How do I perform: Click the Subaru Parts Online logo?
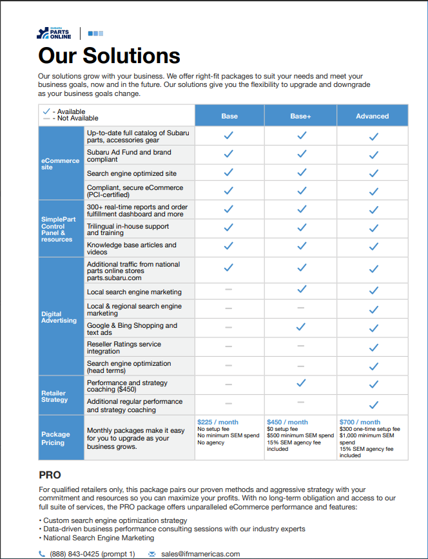(55, 33)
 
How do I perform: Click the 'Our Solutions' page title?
(109, 55)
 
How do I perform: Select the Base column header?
(229, 116)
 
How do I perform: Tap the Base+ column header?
(300, 116)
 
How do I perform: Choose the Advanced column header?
(372, 116)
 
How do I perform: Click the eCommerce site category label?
(61, 164)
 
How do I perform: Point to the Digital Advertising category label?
(59, 317)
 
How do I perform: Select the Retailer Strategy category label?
(54, 396)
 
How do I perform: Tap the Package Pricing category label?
(56, 439)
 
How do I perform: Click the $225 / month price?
(217, 422)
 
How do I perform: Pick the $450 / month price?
(287, 422)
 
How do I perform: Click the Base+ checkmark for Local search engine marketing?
(301, 290)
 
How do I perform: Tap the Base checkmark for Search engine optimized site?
(229, 173)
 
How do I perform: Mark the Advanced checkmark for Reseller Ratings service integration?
(373, 347)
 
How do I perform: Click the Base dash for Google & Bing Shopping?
(229, 328)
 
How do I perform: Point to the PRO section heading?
(50, 475)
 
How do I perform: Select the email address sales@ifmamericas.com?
(200, 554)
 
